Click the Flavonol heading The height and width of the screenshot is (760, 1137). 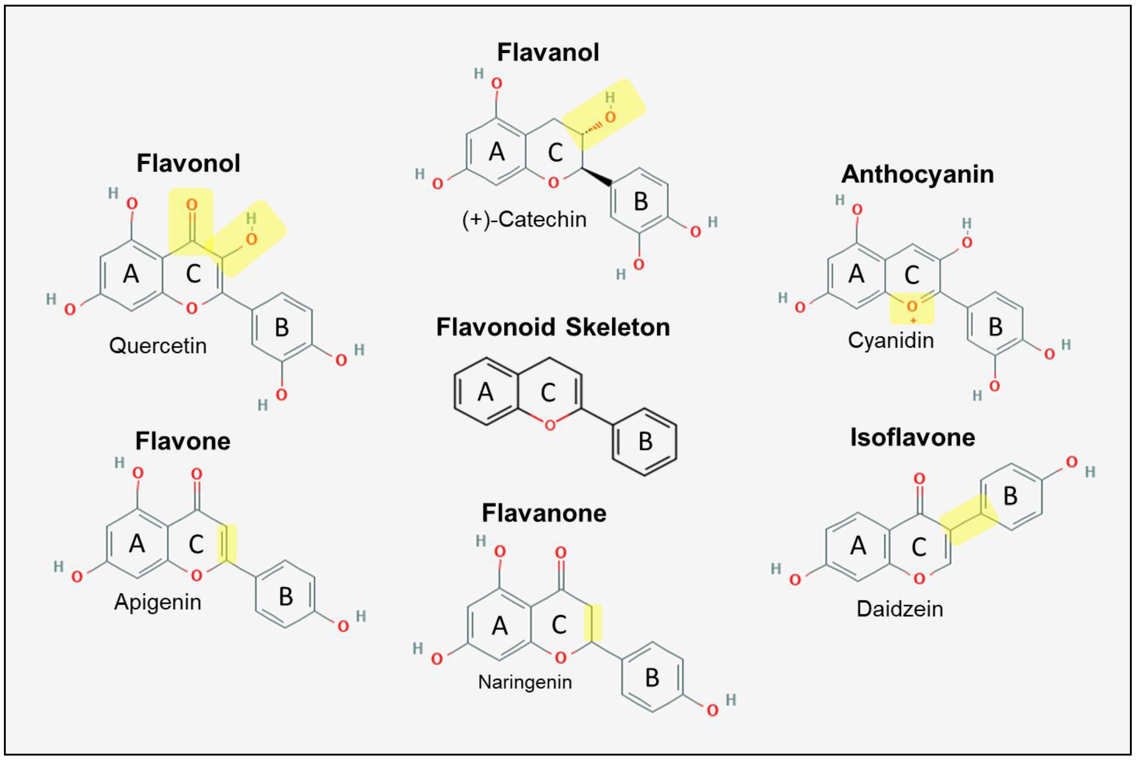pos(188,163)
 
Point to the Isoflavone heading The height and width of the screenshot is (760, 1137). pos(912,438)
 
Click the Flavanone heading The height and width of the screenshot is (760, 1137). pos(544,513)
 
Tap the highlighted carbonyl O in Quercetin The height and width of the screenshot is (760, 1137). pos(192,205)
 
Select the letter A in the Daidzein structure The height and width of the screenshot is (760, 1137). pos(858,546)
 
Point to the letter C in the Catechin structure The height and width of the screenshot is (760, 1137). pos(555,153)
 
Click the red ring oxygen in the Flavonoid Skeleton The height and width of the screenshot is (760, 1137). pos(550,425)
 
